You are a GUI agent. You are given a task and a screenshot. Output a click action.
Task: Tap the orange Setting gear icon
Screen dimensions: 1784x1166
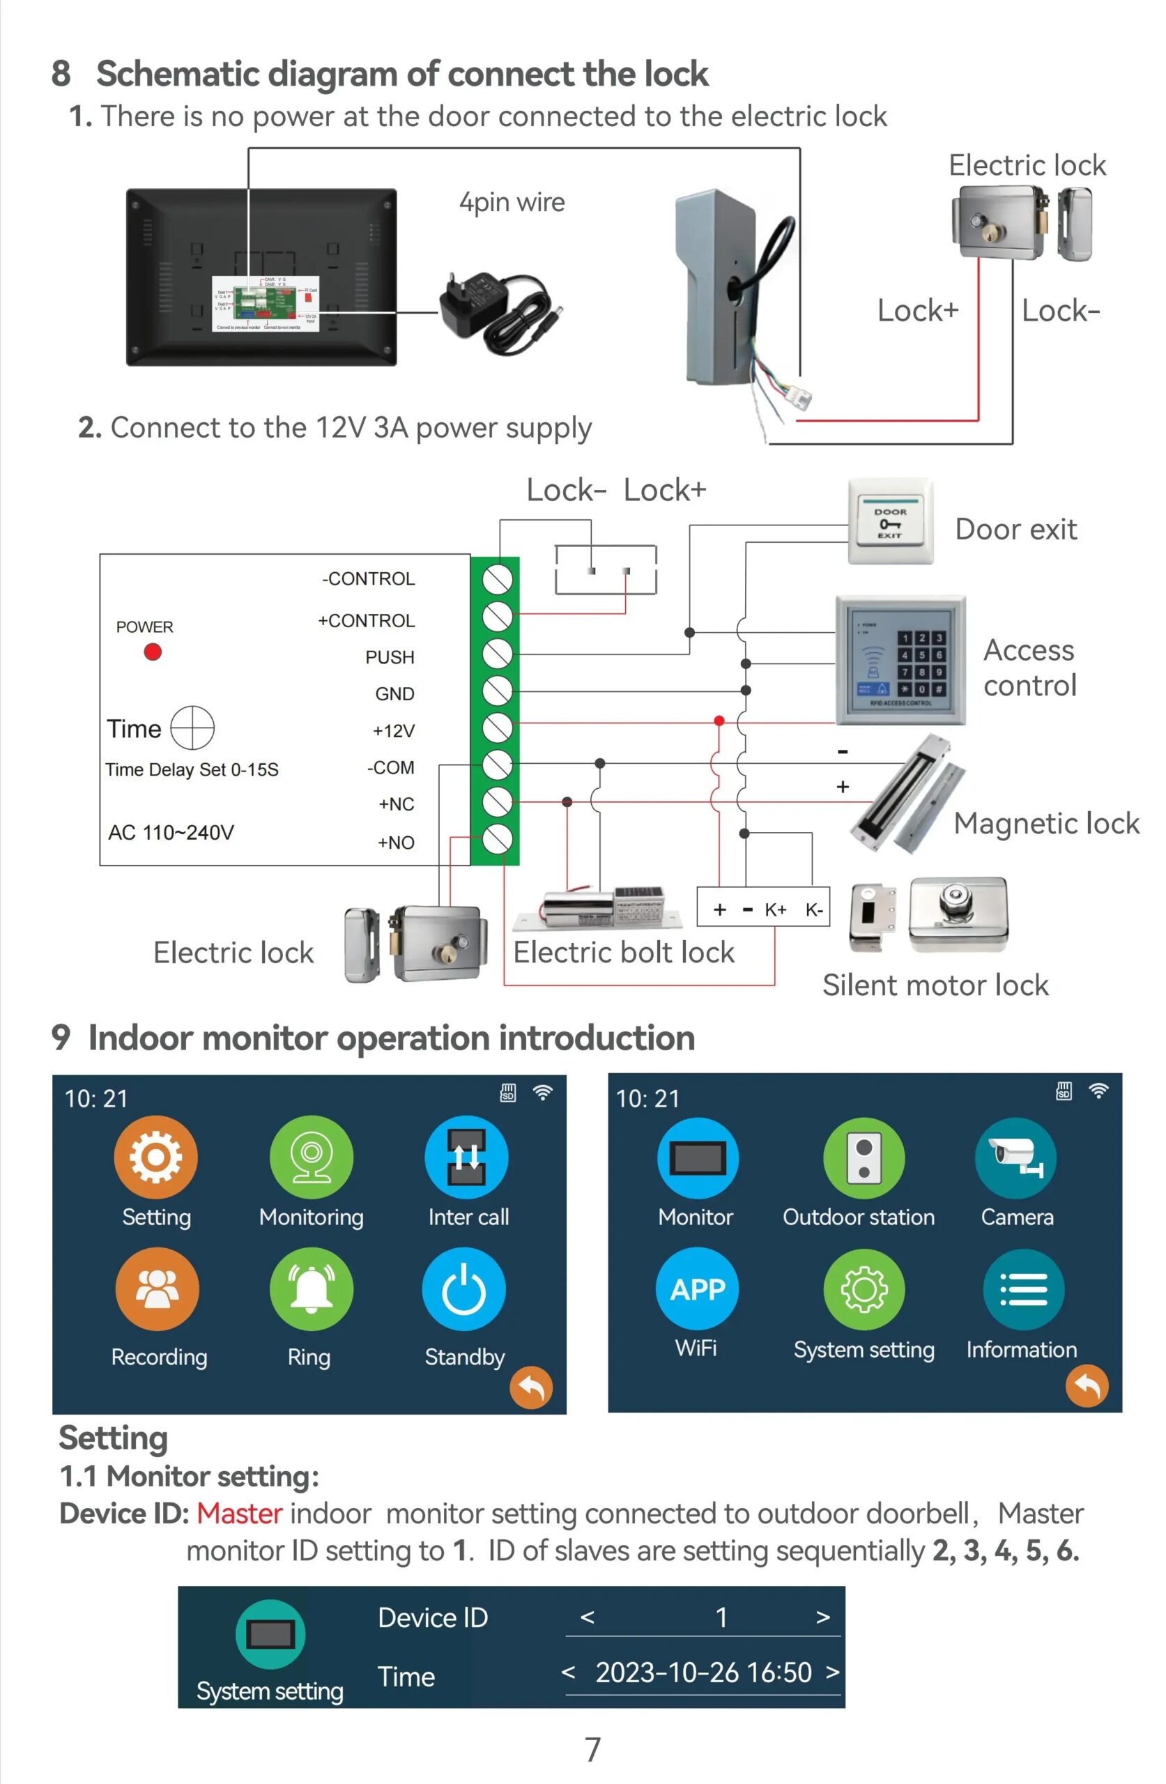click(x=155, y=1157)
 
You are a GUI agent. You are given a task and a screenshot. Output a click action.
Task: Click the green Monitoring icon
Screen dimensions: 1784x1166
click(x=311, y=1157)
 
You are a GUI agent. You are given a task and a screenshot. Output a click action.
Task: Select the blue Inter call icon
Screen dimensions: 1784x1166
click(x=466, y=1157)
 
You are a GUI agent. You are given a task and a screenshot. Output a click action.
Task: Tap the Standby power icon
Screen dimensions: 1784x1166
click(x=463, y=1289)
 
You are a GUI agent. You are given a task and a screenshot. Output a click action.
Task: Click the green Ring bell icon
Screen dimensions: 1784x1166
click(x=311, y=1289)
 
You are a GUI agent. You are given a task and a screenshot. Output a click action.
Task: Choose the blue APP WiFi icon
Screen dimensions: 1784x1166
click(x=696, y=1289)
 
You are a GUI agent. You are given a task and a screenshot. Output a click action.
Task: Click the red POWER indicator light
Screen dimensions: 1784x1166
click(x=152, y=652)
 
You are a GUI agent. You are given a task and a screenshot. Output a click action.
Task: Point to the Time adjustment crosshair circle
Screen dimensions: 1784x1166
click(x=192, y=727)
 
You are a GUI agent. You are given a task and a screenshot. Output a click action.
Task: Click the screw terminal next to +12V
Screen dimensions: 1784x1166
click(x=496, y=727)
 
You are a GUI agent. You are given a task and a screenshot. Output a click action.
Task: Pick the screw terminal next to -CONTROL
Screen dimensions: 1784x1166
click(x=496, y=579)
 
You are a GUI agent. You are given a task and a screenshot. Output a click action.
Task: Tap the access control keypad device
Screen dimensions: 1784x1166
click(x=900, y=661)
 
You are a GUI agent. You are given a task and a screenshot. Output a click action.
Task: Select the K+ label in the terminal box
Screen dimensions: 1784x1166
click(x=775, y=909)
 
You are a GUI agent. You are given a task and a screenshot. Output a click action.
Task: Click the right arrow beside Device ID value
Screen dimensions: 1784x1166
click(x=822, y=1617)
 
